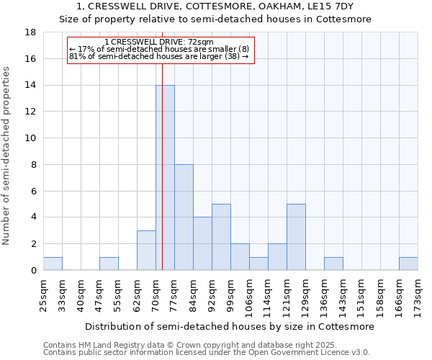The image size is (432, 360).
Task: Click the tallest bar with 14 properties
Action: (x=165, y=178)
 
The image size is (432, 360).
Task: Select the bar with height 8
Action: (x=184, y=217)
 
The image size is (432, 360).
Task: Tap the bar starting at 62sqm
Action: (x=146, y=251)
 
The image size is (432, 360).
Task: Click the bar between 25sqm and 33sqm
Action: (x=53, y=264)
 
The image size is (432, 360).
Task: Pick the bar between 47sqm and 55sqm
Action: (x=109, y=264)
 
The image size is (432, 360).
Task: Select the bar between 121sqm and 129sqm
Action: (x=296, y=238)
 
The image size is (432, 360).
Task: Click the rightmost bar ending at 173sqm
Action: (x=408, y=264)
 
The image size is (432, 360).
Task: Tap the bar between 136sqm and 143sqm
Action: (x=333, y=264)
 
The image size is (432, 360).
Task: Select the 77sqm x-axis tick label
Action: (x=174, y=293)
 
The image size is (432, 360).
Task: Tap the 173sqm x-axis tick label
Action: (x=418, y=293)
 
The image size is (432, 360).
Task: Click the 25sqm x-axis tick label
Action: (x=43, y=293)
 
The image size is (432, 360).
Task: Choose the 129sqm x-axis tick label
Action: (x=305, y=293)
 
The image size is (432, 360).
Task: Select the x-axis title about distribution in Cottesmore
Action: (x=230, y=326)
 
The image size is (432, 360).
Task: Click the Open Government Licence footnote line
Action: (x=207, y=352)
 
